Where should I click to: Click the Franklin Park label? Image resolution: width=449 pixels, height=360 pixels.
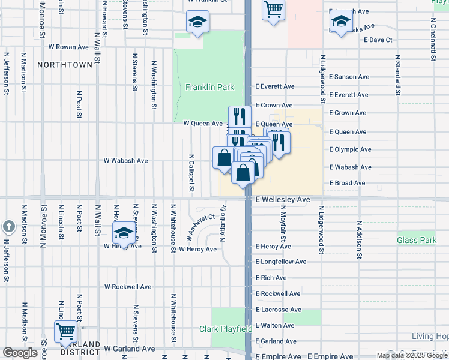point(209,87)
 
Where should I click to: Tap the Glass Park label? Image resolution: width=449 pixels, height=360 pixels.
point(416,240)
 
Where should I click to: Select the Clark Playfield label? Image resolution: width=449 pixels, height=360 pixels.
point(226,329)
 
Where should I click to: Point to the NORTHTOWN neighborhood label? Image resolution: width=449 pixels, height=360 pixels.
point(65,64)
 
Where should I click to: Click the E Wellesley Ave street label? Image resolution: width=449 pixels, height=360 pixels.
point(282,199)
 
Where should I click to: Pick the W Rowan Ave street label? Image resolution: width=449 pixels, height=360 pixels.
point(68,46)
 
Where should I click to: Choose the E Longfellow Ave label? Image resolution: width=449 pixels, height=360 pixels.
point(281,262)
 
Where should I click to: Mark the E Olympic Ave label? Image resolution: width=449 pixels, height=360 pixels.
point(351,149)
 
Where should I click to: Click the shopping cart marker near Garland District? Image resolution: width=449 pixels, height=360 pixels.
point(65,331)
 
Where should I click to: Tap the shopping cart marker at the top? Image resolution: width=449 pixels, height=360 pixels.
point(273,9)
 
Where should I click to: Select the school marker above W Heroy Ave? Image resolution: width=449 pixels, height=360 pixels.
point(123,233)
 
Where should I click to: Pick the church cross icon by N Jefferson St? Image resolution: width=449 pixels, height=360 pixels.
point(8,227)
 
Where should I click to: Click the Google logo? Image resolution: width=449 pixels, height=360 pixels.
point(20,353)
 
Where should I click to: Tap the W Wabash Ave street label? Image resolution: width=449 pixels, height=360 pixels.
point(125,161)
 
